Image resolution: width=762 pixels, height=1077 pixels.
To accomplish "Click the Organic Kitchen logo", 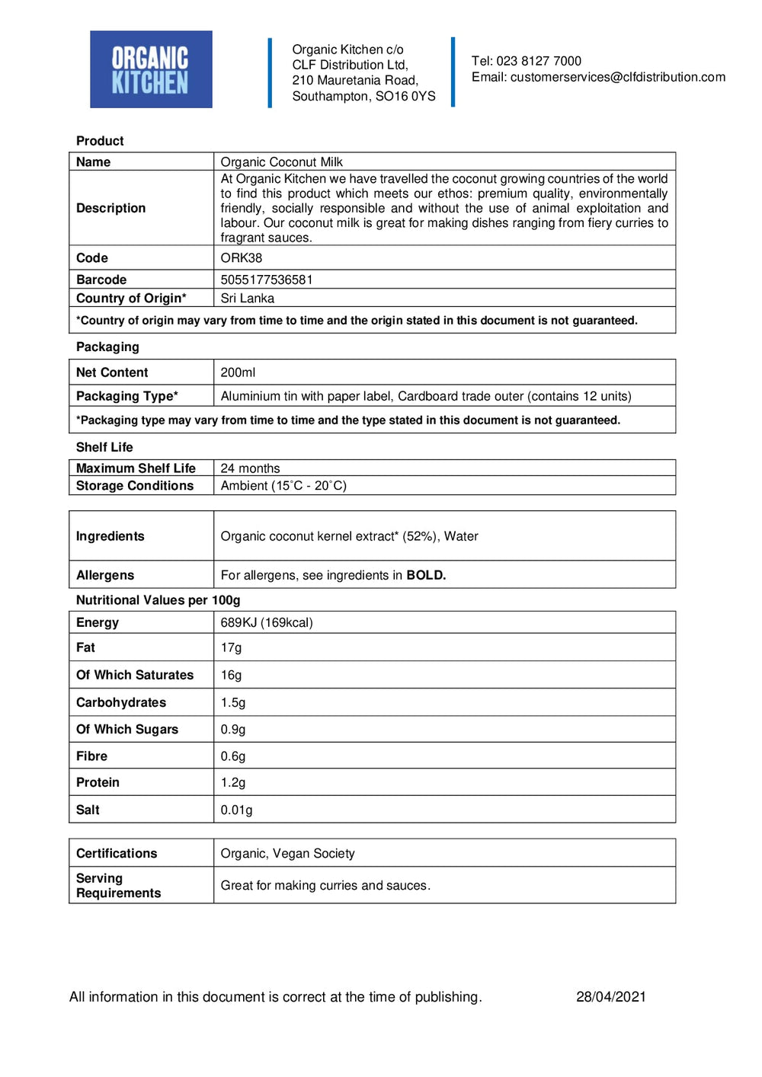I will (151, 69).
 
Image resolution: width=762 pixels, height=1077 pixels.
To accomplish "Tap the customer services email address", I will (617, 77).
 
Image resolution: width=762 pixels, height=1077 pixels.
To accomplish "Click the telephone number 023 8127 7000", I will (538, 61).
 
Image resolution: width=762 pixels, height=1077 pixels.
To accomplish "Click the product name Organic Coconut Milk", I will (281, 161).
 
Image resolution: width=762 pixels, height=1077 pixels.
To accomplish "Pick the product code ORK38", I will (241, 257).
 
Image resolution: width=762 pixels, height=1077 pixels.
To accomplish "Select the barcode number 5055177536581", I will (266, 280).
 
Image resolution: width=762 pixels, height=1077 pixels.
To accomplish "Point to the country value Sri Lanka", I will (247, 298).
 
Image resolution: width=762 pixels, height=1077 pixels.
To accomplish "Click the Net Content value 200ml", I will (238, 372).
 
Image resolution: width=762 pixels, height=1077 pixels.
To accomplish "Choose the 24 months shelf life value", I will (250, 468).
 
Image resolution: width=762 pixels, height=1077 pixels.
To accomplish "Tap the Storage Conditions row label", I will (135, 486).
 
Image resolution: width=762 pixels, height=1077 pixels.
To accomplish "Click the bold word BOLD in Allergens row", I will (425, 575).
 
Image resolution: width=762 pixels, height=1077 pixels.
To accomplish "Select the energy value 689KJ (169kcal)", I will (266, 622).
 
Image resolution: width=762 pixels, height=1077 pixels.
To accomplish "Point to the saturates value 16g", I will (231, 675).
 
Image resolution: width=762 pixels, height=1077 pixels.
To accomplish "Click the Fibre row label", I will (91, 756).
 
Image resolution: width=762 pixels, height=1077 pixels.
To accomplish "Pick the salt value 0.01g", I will (236, 810).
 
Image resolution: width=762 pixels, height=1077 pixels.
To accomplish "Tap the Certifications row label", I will (117, 853).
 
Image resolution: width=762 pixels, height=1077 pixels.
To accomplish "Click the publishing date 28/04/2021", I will (610, 996).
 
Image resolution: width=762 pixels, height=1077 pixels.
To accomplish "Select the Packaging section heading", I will (107, 347).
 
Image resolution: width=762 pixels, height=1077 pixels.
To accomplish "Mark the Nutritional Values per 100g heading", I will (158, 600).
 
